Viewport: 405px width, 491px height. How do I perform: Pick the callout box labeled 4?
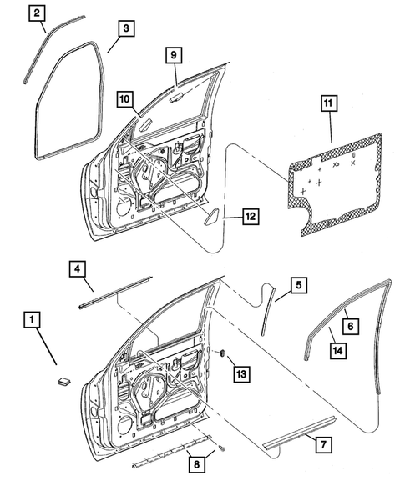(75, 269)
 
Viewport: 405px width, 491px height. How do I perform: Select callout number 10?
(124, 100)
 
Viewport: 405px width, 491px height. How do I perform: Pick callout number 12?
(248, 217)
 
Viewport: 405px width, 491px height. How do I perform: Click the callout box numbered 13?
(240, 375)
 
